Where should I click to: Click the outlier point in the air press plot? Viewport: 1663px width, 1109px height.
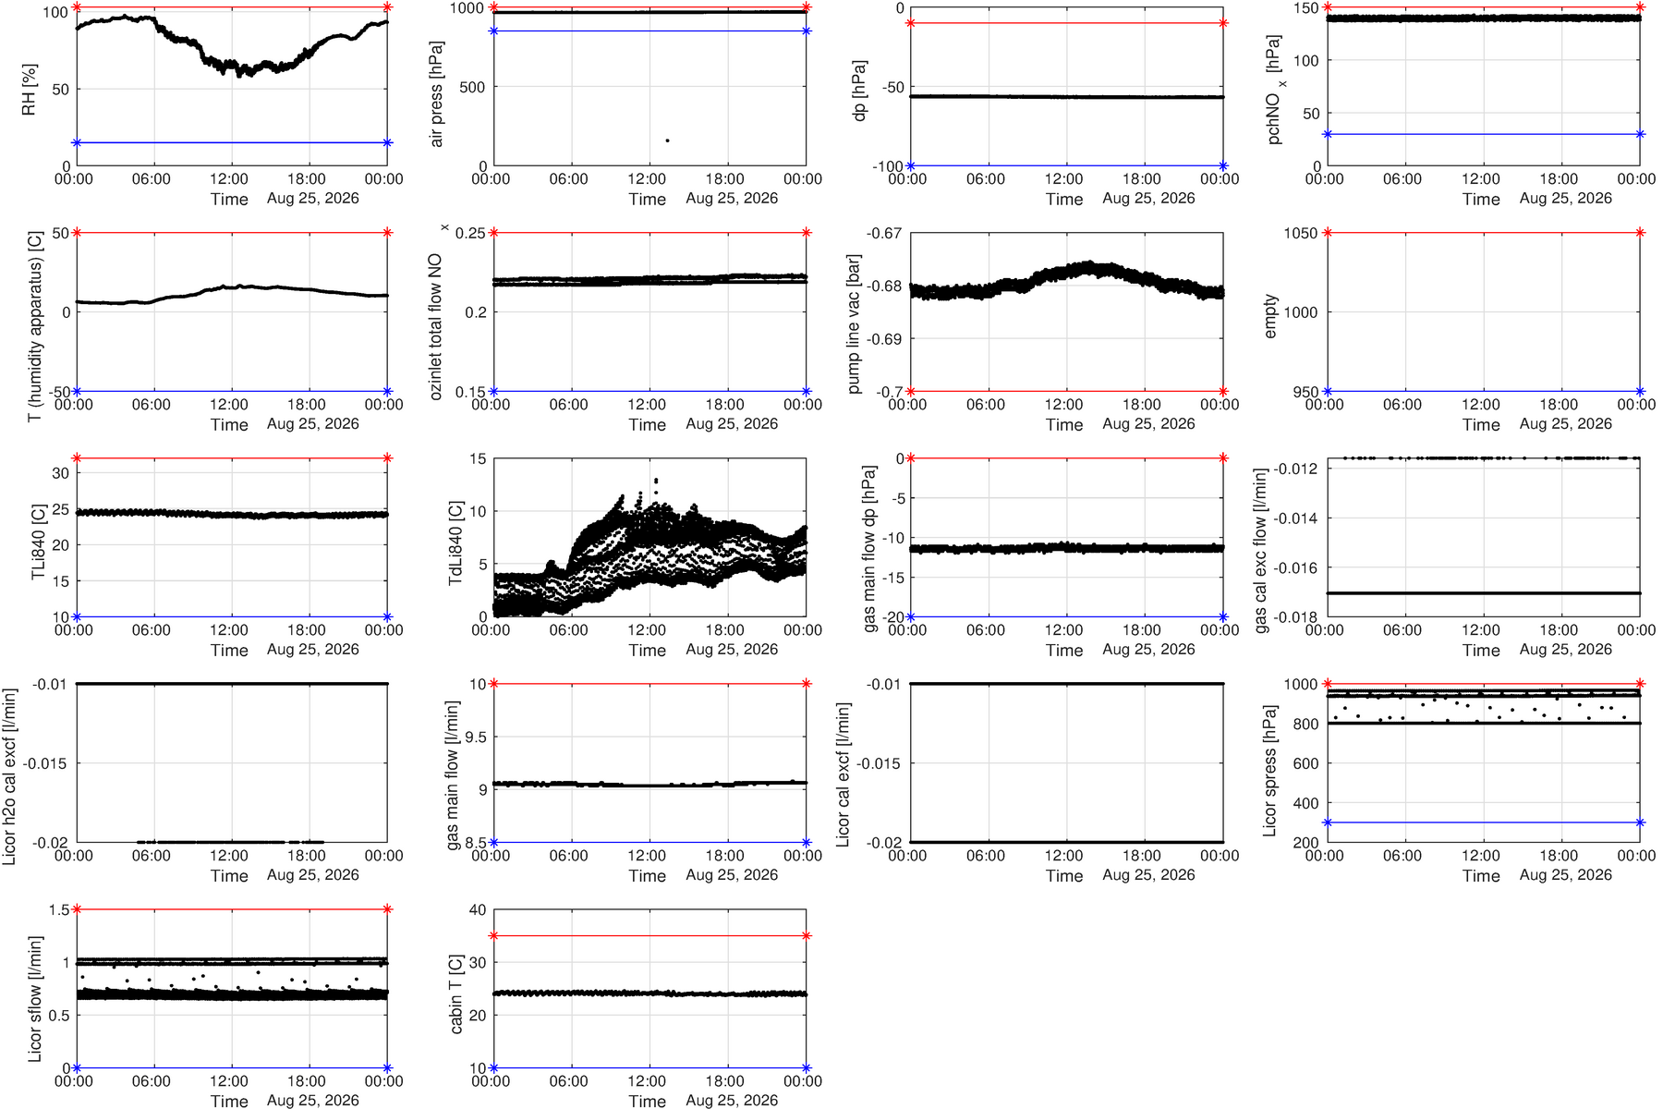[667, 140]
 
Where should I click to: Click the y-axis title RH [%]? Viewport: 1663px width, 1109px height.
[29, 90]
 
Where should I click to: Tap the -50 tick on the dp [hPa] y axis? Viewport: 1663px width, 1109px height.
[892, 87]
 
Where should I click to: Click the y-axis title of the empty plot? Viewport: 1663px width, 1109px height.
[1270, 316]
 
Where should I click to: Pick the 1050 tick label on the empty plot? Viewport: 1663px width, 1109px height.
[1300, 233]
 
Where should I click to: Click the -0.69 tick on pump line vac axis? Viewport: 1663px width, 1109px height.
[884, 339]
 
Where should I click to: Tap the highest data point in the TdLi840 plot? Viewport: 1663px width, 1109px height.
[656, 481]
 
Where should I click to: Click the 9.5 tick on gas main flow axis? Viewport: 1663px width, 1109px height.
[477, 737]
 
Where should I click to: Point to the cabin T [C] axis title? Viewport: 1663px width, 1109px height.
[455, 994]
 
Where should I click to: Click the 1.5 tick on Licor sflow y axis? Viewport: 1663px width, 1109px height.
[59, 909]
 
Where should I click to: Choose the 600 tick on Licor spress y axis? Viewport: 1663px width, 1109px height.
[1305, 763]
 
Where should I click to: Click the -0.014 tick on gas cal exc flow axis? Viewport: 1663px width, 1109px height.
[1296, 518]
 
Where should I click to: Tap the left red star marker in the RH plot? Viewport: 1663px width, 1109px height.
[77, 7]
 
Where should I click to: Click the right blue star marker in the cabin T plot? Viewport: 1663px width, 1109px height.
[807, 1068]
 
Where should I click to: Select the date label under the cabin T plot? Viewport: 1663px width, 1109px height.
[732, 1100]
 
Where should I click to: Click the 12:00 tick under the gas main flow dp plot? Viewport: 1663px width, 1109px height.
[1063, 630]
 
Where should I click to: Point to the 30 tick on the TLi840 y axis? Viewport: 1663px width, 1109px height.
[61, 473]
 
